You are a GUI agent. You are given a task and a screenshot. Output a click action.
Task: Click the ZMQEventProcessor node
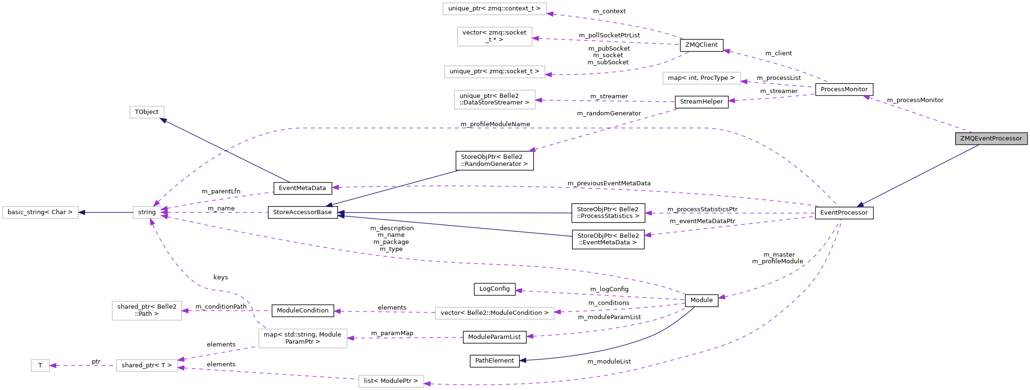click(x=991, y=139)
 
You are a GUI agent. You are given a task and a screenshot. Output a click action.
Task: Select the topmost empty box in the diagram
click(x=495, y=9)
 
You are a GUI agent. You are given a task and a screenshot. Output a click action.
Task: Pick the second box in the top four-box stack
click(x=495, y=36)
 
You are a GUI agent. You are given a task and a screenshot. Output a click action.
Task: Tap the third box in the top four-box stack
click(x=494, y=72)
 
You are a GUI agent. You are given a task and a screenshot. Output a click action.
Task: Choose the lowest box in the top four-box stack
click(x=495, y=100)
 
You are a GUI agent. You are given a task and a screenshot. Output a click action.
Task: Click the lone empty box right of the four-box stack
click(x=701, y=78)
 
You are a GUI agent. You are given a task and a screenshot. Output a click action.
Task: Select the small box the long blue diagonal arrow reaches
click(x=147, y=113)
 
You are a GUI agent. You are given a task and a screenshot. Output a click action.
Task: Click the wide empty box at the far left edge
click(x=40, y=213)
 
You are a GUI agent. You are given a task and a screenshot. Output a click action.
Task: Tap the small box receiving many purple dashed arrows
click(x=147, y=213)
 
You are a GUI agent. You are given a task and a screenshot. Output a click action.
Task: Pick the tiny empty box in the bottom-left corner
click(x=40, y=366)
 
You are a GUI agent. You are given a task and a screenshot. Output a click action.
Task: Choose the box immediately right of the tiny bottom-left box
click(x=147, y=366)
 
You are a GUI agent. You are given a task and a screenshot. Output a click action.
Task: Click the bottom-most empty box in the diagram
click(x=391, y=381)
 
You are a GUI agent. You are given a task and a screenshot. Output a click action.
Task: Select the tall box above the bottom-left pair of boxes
click(x=147, y=311)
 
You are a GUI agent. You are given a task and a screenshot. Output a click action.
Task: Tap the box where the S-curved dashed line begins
click(x=303, y=338)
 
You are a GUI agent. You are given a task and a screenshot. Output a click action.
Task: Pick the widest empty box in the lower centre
click(x=495, y=313)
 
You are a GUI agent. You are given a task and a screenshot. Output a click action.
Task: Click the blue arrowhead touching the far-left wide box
click(x=81, y=212)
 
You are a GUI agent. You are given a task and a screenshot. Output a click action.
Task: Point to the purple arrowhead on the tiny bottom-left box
click(x=53, y=365)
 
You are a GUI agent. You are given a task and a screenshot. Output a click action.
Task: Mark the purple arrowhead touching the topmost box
click(x=550, y=14)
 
